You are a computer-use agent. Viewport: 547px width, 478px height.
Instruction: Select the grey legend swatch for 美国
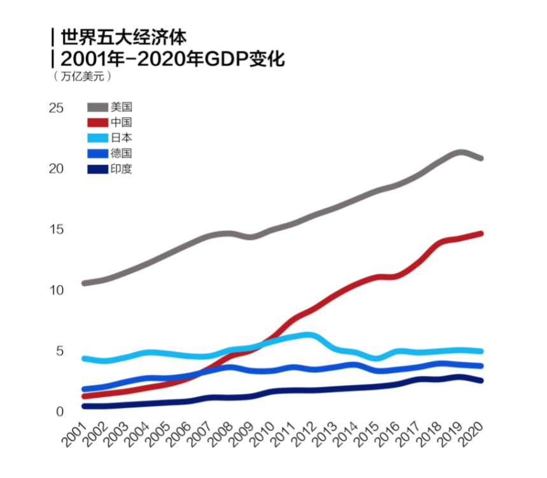pos(97,107)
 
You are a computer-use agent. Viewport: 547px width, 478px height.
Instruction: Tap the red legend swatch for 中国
pos(97,122)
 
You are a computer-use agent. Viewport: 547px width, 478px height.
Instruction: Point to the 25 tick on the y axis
pos(57,108)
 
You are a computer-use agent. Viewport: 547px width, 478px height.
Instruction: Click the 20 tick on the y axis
pos(57,169)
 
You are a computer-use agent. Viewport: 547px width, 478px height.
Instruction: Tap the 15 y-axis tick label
pos(57,229)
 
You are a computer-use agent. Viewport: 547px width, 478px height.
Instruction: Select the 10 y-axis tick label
pos(57,290)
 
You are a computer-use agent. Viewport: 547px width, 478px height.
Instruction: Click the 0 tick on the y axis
pos(60,412)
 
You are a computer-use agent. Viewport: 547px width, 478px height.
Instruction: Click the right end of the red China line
pos(480,234)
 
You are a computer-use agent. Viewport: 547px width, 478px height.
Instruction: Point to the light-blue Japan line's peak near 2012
pos(308,335)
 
